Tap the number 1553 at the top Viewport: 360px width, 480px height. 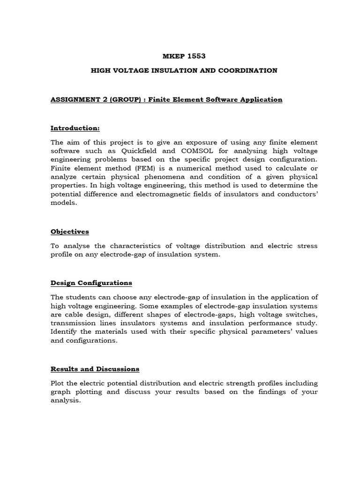(197, 56)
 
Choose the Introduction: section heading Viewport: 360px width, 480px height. (75, 128)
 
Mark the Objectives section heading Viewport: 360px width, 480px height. (69, 232)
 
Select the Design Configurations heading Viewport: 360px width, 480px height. (91, 283)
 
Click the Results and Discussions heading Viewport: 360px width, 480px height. (95, 369)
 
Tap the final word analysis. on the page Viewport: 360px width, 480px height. (66, 401)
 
